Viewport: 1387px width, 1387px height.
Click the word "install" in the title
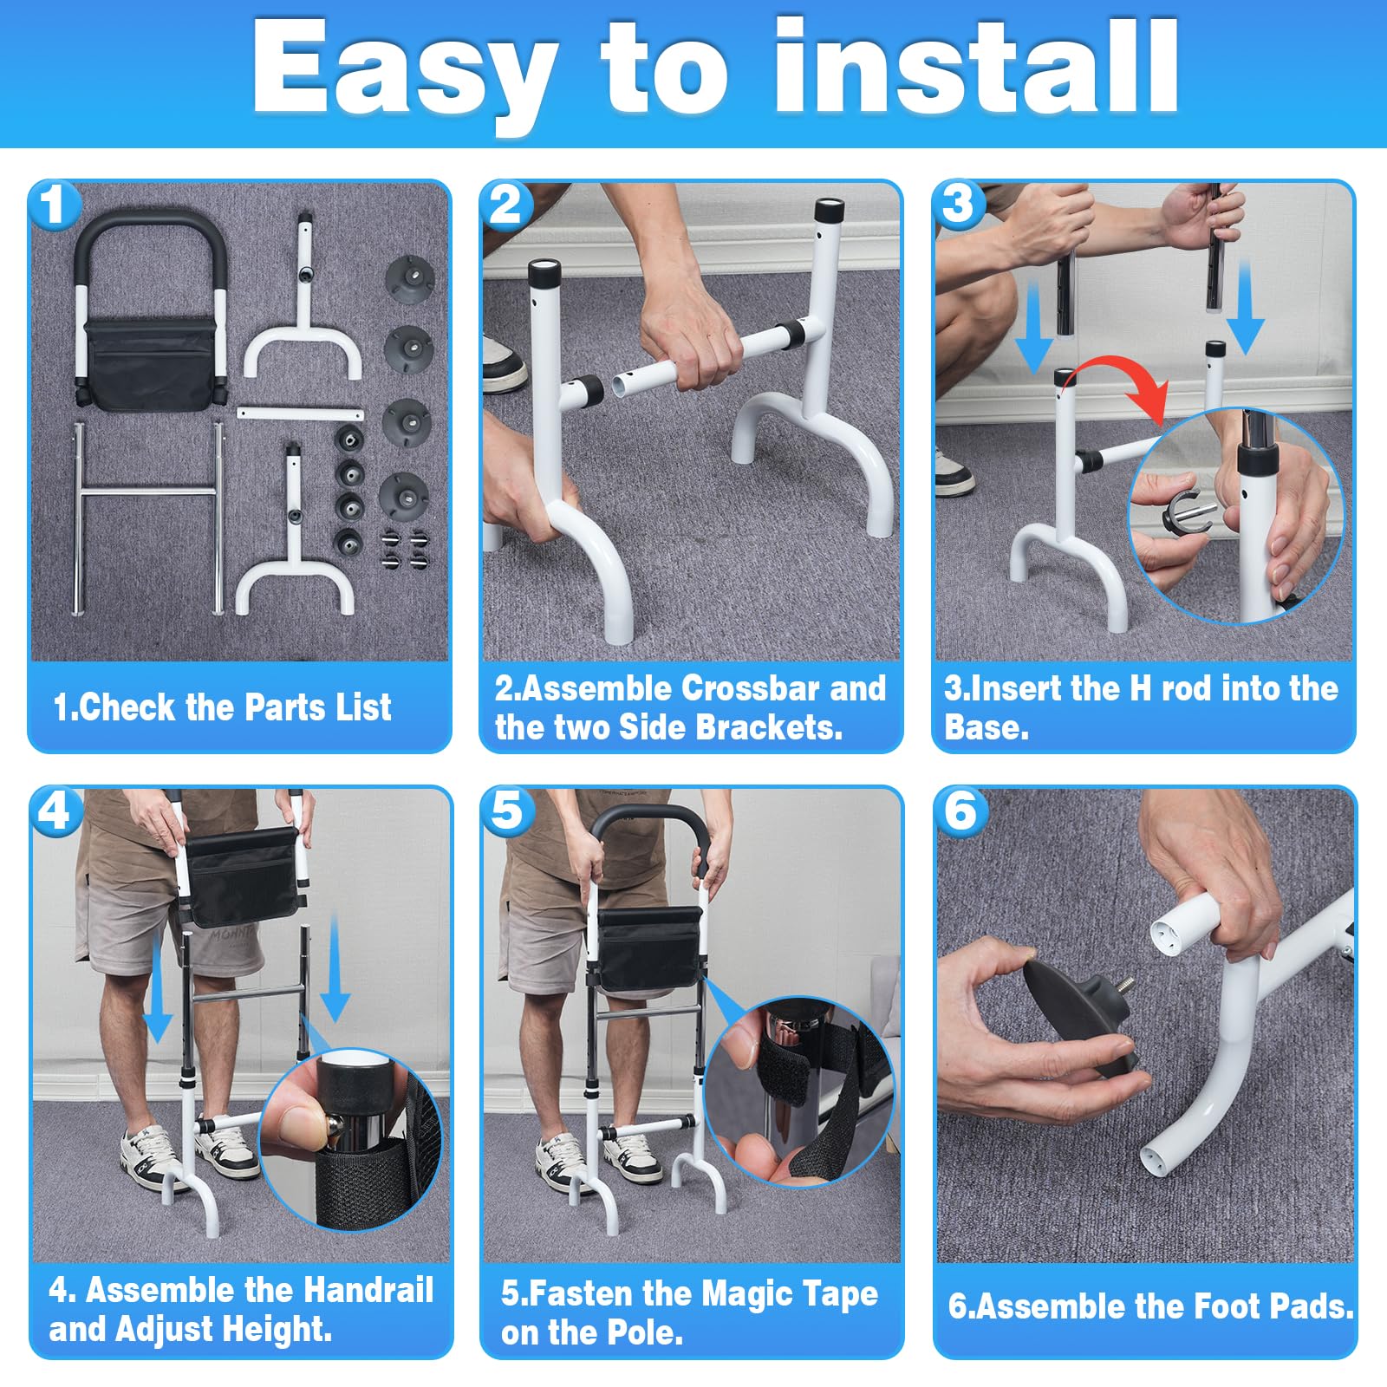(976, 67)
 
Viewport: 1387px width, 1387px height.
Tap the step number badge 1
(54, 206)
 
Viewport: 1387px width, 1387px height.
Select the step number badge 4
(55, 812)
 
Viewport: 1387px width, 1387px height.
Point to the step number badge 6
(960, 812)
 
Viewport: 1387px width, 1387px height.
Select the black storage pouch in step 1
(149, 364)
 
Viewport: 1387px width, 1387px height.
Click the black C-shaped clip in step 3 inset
(1182, 511)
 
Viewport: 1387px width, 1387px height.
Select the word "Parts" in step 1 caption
(279, 707)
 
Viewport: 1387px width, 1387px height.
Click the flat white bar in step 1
(300, 412)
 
